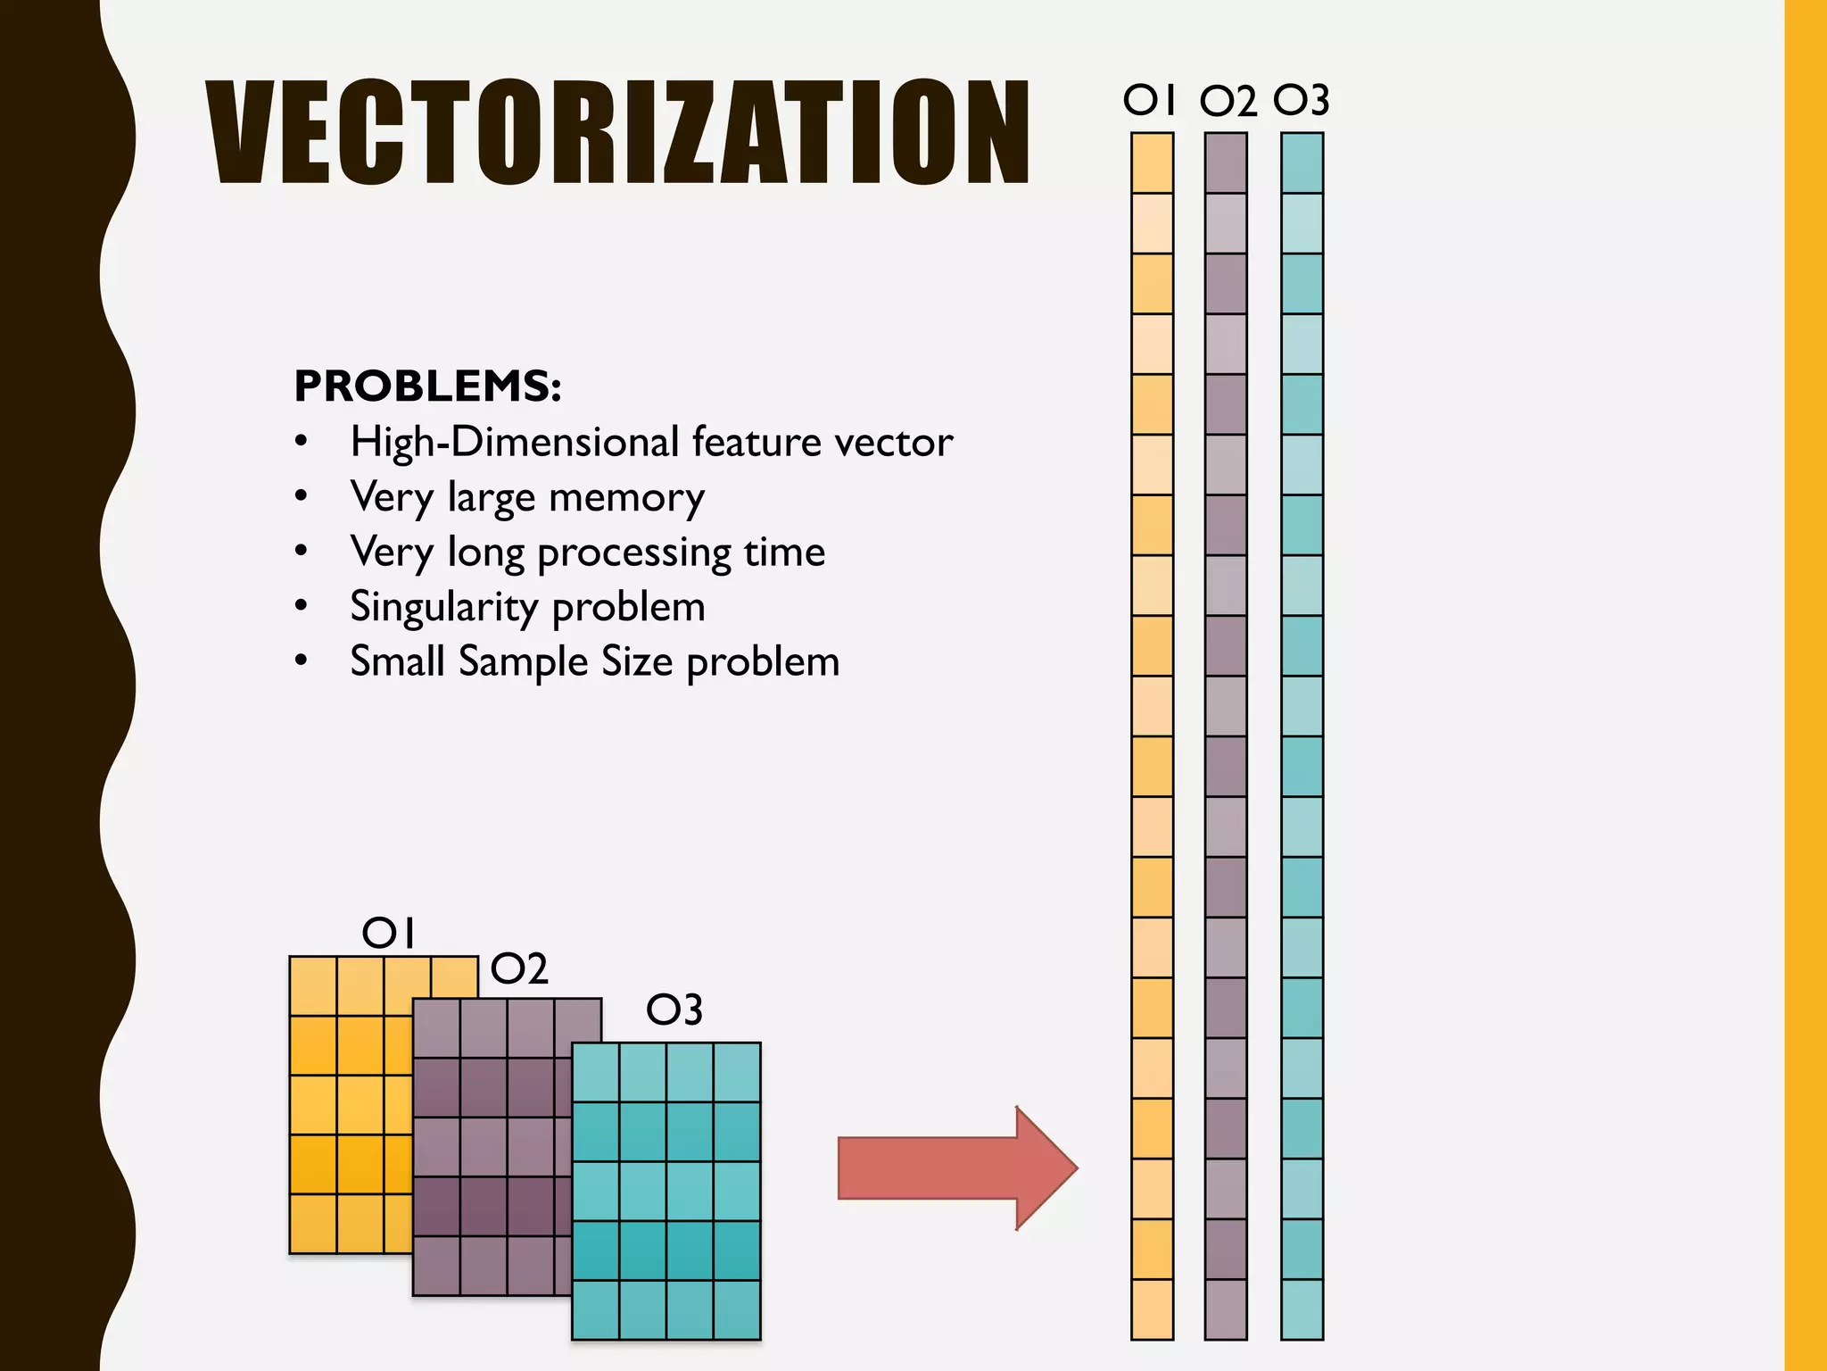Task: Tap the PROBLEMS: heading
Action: (x=427, y=386)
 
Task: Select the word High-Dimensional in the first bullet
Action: (x=515, y=442)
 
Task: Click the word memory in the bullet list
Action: (x=626, y=497)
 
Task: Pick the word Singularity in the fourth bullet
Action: (x=443, y=608)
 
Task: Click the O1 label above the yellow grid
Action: (x=389, y=934)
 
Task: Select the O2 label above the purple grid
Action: (x=519, y=969)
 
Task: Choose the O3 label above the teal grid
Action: (x=674, y=1010)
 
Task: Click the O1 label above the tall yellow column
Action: (x=1150, y=100)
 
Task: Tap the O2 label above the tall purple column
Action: (x=1228, y=102)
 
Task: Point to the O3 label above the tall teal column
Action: (x=1302, y=100)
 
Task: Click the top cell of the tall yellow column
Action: (x=1152, y=162)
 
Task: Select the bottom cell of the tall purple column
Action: (x=1226, y=1309)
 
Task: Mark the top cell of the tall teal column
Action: (x=1302, y=162)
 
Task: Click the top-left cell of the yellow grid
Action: (x=313, y=986)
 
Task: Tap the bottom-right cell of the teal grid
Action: (x=737, y=1309)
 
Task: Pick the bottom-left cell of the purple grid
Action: (x=436, y=1266)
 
